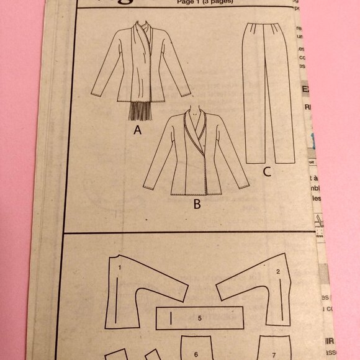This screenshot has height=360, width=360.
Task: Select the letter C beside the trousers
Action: tap(266, 172)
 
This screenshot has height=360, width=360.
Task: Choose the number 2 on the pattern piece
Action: tap(277, 271)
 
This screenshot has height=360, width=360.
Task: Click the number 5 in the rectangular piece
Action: tap(199, 318)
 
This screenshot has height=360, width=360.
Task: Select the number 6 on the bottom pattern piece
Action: tap(195, 355)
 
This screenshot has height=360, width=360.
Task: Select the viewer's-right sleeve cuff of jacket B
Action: tap(244, 185)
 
